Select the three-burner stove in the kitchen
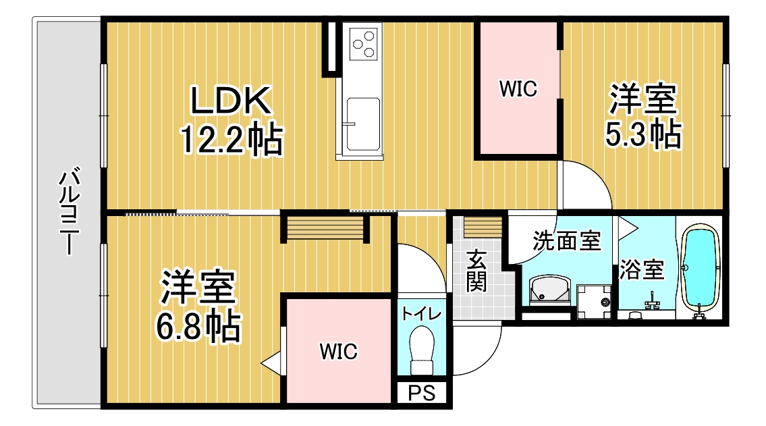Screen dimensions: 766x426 (364, 43)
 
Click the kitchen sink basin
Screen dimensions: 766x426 (362, 125)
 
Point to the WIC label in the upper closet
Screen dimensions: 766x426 (518, 88)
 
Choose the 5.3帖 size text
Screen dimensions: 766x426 (643, 134)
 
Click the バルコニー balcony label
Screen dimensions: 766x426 (70, 211)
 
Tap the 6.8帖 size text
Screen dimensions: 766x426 (198, 326)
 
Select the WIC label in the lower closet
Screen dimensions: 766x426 (338, 351)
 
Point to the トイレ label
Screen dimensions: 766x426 (421, 314)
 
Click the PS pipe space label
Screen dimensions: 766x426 (421, 393)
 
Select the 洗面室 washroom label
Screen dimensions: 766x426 (567, 241)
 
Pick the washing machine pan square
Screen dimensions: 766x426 (594, 301)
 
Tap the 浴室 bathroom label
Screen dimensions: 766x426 (642, 269)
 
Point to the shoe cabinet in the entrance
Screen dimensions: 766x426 (483, 227)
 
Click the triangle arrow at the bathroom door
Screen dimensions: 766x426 (628, 228)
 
